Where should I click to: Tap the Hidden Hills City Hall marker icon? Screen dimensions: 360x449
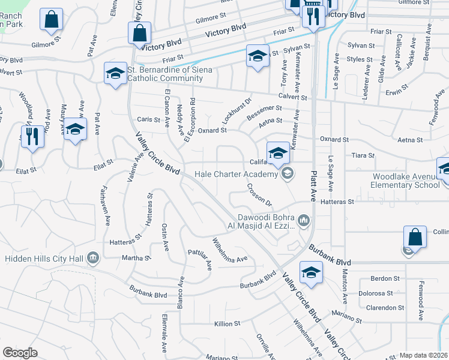(92, 258)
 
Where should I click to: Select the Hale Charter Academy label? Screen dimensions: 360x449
(237, 174)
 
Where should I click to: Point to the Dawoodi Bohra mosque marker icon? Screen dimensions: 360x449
(304, 221)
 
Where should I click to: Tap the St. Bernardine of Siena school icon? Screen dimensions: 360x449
(115, 74)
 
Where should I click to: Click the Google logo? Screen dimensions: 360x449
(20, 353)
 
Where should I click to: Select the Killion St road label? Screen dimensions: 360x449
(228, 323)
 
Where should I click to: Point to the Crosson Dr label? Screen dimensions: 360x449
(260, 195)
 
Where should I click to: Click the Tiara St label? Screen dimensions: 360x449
(363, 155)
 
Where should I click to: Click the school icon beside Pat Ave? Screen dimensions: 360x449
(75, 129)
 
